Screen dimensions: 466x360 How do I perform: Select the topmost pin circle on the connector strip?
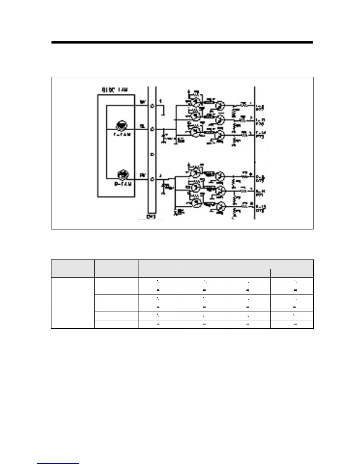(x=152, y=106)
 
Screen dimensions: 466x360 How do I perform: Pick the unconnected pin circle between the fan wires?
(x=152, y=154)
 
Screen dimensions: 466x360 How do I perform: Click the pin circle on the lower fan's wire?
(x=152, y=179)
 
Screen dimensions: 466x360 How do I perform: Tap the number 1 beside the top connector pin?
(x=160, y=101)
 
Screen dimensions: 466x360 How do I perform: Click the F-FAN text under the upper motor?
(x=122, y=134)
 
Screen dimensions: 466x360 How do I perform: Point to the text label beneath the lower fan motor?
(x=122, y=184)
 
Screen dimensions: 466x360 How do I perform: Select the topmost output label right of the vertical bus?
(x=260, y=107)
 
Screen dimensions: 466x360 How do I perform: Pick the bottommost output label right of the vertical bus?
(x=261, y=209)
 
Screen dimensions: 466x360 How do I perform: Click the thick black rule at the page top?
(x=182, y=42)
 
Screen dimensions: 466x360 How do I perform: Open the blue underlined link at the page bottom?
(x=58, y=463)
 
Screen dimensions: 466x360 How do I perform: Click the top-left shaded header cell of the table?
(x=73, y=269)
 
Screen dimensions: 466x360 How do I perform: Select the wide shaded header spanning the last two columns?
(x=269, y=264)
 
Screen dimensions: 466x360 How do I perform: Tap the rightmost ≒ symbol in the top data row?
(x=295, y=282)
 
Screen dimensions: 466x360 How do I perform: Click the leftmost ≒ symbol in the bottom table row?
(x=158, y=324)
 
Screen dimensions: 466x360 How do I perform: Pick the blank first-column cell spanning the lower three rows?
(x=73, y=316)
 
